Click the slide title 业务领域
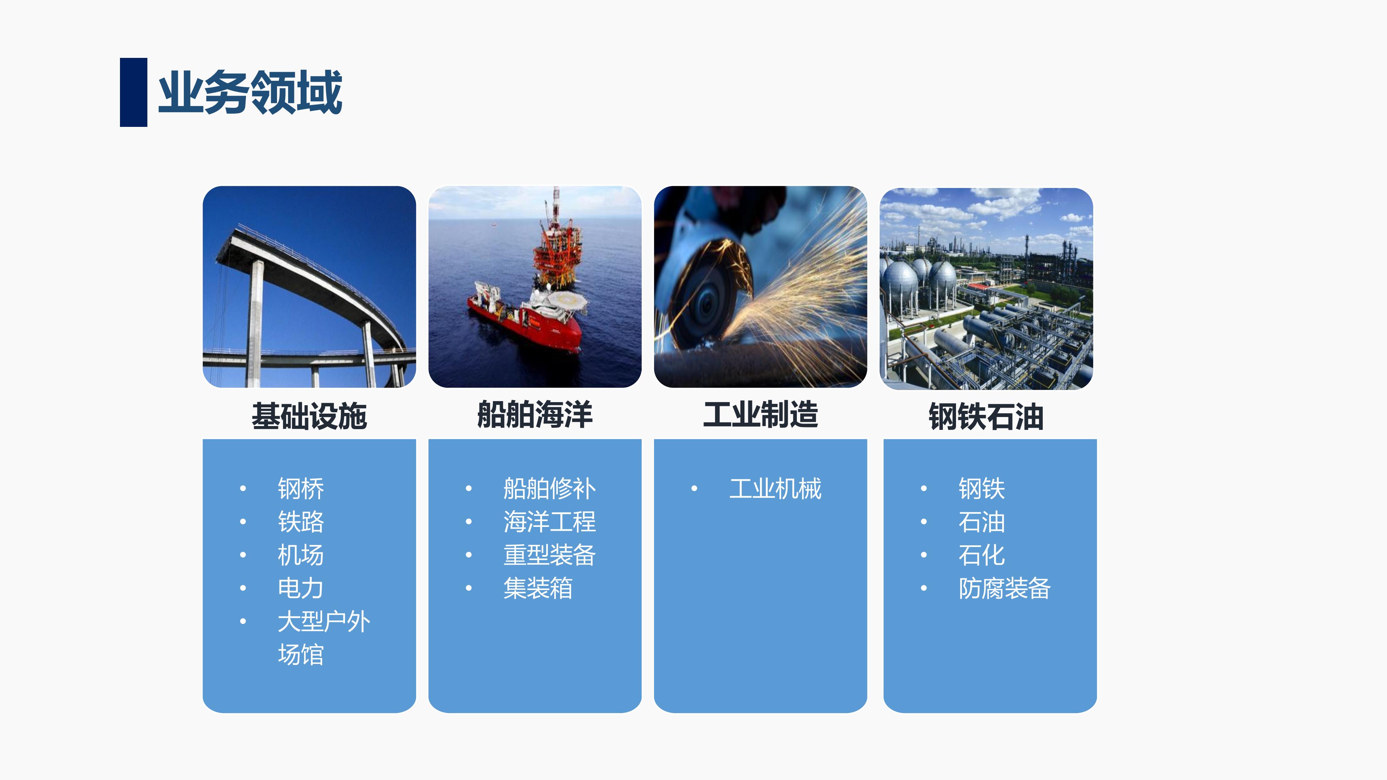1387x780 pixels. (x=250, y=92)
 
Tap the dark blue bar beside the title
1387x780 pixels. (x=133, y=92)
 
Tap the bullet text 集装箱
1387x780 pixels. (x=538, y=588)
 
